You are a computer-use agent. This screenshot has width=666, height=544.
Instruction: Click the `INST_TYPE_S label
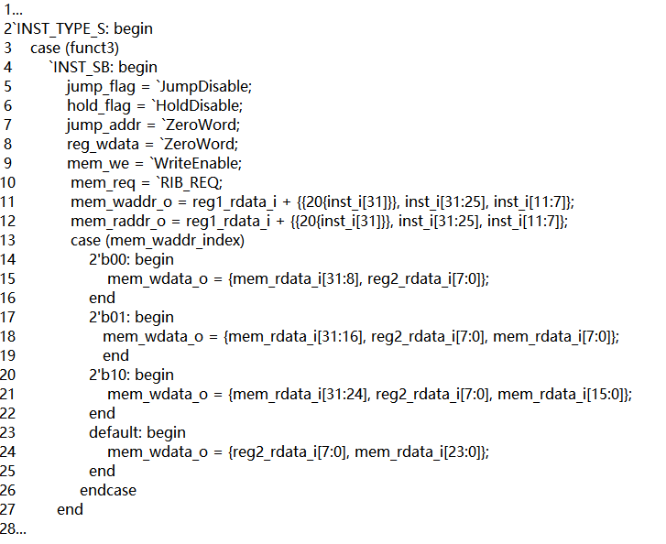point(60,28)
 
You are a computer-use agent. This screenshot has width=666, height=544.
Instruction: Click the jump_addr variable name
point(101,125)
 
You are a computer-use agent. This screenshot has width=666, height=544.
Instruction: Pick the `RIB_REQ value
point(192,182)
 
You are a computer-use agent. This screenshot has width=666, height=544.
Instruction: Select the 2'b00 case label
point(110,259)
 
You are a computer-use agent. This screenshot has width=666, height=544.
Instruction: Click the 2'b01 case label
point(110,317)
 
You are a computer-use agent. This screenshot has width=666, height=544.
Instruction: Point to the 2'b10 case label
point(110,375)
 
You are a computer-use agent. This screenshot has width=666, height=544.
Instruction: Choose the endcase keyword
point(108,490)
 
